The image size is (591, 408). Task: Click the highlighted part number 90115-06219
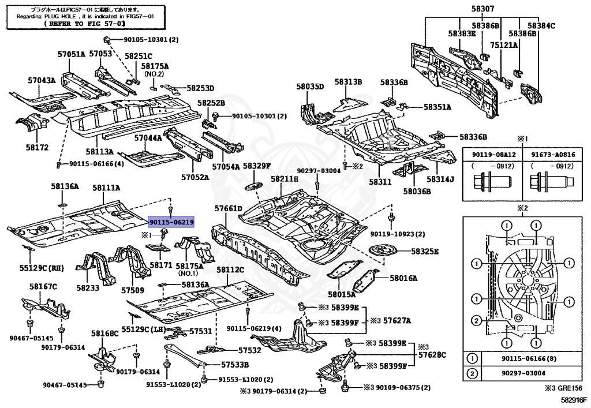[x=171, y=222]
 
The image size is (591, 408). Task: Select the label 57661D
[x=229, y=208]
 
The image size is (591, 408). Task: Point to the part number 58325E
[x=425, y=252]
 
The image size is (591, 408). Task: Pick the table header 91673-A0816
[x=551, y=155]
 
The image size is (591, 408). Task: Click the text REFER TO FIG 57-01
[x=87, y=24]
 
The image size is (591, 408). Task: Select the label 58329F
[x=256, y=166]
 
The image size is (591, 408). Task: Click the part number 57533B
[x=235, y=364]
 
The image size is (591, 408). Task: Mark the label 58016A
[x=403, y=278]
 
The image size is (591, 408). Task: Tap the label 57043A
[x=42, y=80]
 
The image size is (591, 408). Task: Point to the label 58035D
[x=311, y=87]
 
